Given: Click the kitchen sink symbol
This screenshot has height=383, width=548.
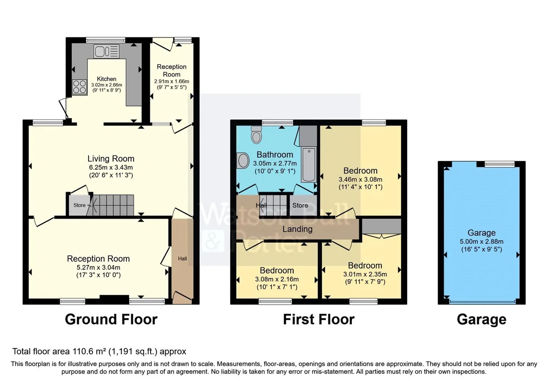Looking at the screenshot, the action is tap(107, 51).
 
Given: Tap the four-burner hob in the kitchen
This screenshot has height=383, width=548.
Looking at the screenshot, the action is tap(80, 87).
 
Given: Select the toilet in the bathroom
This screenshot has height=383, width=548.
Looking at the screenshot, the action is tap(256, 135).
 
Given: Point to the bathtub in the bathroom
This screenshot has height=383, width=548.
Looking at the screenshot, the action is tap(309, 165).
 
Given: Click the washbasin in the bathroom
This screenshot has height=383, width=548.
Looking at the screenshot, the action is tap(243, 160).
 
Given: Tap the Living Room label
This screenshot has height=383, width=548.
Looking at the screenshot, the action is tap(111, 159).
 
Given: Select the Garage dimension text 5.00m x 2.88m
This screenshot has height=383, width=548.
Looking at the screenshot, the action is tap(482, 242).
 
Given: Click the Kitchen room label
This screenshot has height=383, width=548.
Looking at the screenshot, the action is tap(107, 79).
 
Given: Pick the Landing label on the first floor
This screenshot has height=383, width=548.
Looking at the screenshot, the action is tap(298, 229).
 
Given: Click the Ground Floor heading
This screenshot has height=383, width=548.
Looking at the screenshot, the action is tap(111, 319).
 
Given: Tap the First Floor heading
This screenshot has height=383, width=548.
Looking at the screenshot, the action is tap(319, 319).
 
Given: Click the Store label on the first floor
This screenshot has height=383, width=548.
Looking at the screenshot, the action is tap(300, 206).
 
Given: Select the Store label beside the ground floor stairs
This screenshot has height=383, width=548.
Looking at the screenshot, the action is tap(80, 205).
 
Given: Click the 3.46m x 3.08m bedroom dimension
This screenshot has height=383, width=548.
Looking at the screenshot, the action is tap(360, 180).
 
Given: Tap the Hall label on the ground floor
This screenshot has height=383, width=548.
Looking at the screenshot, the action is tap(182, 259).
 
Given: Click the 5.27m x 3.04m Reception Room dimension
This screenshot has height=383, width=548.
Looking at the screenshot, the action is tap(98, 268).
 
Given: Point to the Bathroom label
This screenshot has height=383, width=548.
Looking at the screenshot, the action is tap(275, 155).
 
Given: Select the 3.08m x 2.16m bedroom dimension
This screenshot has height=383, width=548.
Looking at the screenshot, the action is tap(277, 279).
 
